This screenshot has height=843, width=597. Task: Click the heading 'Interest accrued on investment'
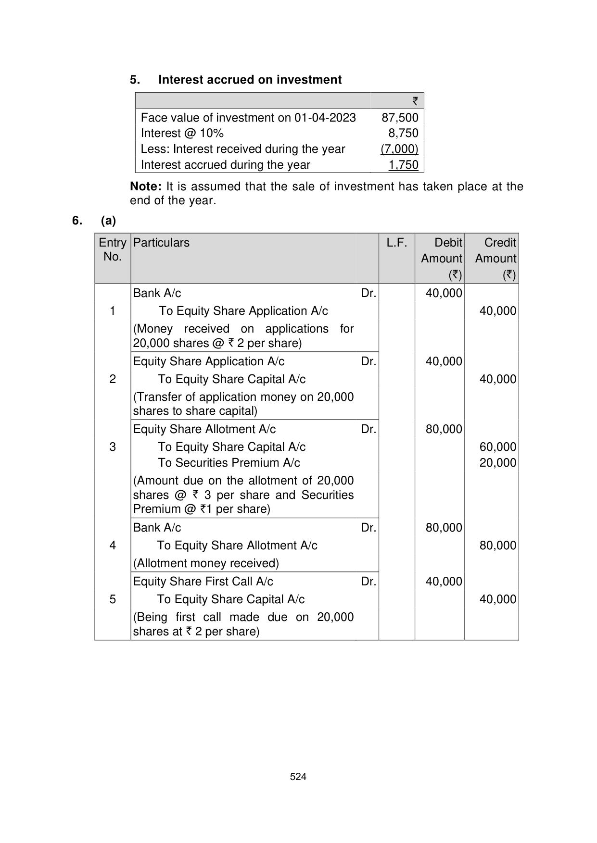click(250, 80)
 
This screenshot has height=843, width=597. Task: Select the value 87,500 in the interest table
click(400, 118)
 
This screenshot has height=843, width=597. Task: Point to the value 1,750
click(403, 165)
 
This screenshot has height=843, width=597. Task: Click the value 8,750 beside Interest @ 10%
click(403, 133)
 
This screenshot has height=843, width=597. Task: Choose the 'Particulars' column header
click(161, 243)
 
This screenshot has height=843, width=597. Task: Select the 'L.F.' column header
click(396, 243)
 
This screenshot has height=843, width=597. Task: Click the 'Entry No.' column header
click(113, 249)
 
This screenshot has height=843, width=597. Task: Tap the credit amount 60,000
click(497, 447)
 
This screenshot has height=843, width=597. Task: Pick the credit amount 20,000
click(497, 463)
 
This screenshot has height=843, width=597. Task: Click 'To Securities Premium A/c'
click(229, 463)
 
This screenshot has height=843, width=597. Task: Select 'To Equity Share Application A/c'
click(243, 311)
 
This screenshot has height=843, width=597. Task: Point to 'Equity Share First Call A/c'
click(203, 582)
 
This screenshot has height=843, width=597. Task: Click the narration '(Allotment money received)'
click(206, 563)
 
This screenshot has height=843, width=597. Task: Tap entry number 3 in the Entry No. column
click(113, 447)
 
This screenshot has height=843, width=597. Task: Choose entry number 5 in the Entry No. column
click(113, 599)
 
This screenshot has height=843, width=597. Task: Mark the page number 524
click(298, 777)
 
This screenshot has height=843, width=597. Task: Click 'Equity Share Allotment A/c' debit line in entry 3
click(204, 429)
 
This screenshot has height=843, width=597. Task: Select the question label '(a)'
click(108, 221)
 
